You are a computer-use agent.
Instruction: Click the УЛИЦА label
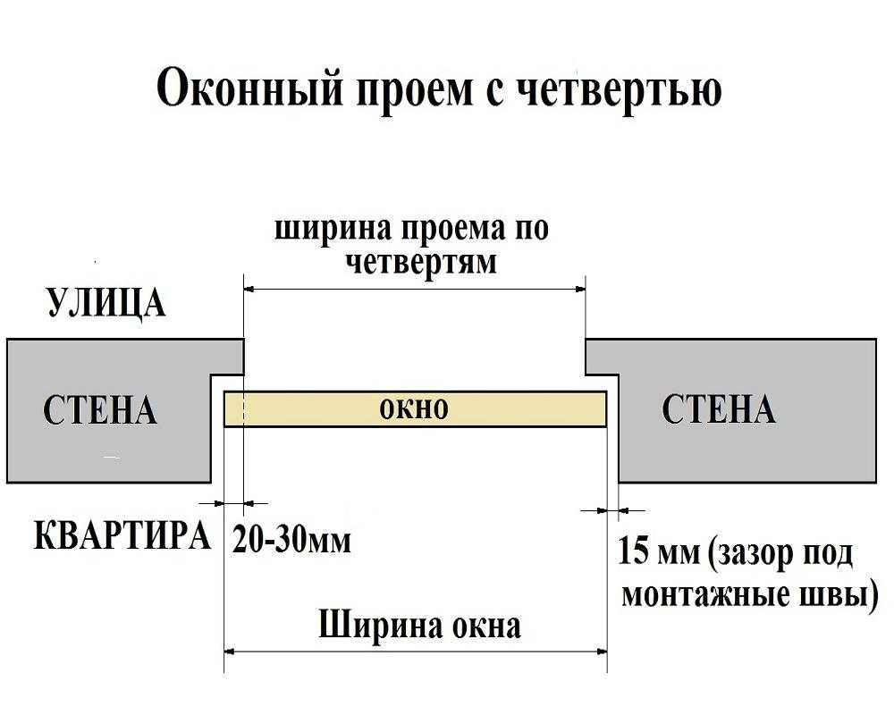tap(105, 303)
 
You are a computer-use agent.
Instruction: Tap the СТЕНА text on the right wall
tap(718, 409)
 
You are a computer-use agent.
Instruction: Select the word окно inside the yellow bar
tap(413, 409)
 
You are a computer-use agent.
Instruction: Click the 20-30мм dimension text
tap(292, 540)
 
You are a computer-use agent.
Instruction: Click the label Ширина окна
tap(418, 625)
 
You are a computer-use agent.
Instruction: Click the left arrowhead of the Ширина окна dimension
tap(230, 652)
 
